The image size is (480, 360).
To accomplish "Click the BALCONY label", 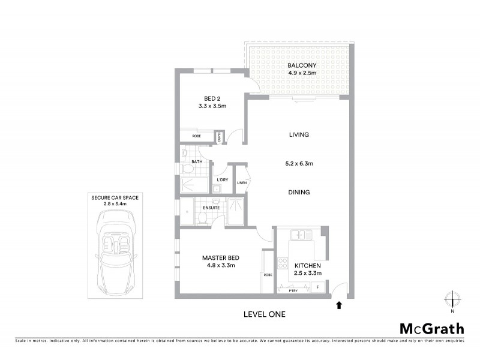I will [301, 65].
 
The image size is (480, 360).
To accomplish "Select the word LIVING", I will [298, 135].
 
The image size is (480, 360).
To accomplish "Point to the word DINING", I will [298, 193].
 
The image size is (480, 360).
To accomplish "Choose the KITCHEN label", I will [307, 265].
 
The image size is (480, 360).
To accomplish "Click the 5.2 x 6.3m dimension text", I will [298, 161].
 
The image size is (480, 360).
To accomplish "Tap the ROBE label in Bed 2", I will [196, 136].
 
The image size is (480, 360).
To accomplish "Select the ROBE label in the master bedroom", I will [268, 275].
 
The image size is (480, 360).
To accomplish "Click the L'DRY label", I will [222, 180].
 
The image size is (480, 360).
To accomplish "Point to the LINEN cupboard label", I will [242, 183].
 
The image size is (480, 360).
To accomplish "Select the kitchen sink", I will [298, 233].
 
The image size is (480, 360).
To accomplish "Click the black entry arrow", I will [339, 305].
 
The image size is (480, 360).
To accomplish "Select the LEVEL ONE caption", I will [264, 314].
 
